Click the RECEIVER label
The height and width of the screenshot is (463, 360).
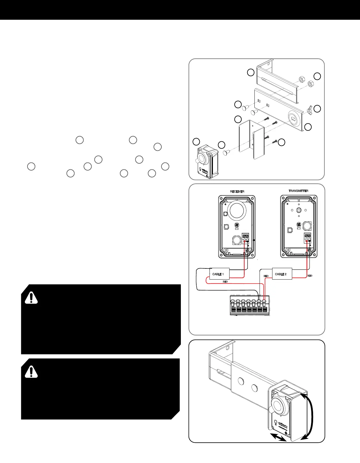[237, 191]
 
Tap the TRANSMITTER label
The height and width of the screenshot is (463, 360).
[298, 191]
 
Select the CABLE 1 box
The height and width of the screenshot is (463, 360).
[219, 274]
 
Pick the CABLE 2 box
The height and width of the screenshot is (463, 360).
[282, 274]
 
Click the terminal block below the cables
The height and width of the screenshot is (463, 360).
[250, 306]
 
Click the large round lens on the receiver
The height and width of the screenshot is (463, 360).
[236, 210]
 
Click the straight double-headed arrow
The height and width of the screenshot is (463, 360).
[278, 437]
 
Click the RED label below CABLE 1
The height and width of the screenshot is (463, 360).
[225, 282]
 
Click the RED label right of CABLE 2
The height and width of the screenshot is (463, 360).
[310, 276]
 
